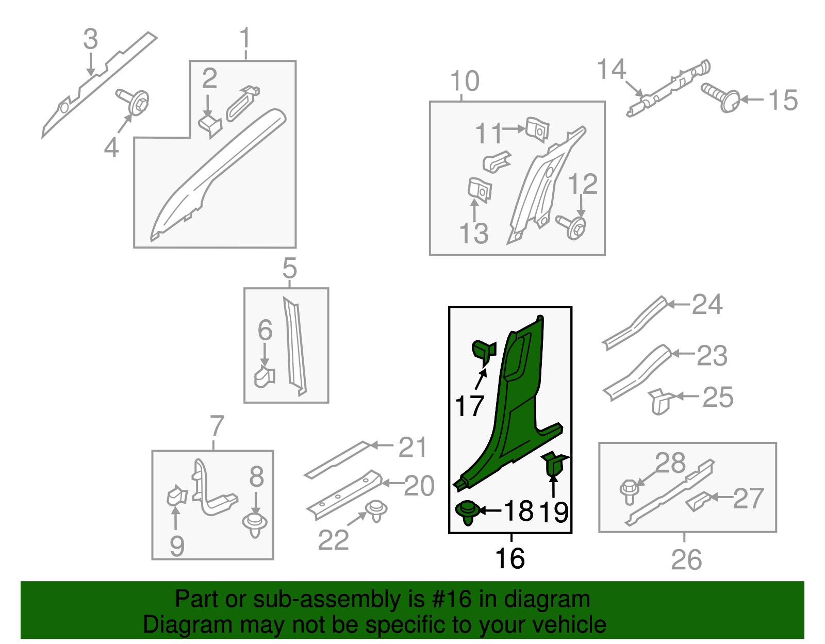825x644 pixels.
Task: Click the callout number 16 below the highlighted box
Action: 510,558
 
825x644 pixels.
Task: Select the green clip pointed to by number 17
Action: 484,352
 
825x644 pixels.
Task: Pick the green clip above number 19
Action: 554,464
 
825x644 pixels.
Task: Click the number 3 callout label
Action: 91,39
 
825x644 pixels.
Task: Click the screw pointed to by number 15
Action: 721,97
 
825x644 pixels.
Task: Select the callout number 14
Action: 611,69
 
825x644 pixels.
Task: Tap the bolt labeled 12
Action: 571,227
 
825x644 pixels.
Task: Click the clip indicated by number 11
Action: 537,129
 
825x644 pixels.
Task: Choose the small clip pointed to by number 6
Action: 265,377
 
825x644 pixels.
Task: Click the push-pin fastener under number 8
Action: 255,525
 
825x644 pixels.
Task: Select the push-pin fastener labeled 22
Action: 376,510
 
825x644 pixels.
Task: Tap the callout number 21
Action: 412,447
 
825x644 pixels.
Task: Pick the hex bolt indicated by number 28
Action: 629,491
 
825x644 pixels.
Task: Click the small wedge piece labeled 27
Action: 698,502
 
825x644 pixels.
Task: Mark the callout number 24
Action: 707,304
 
